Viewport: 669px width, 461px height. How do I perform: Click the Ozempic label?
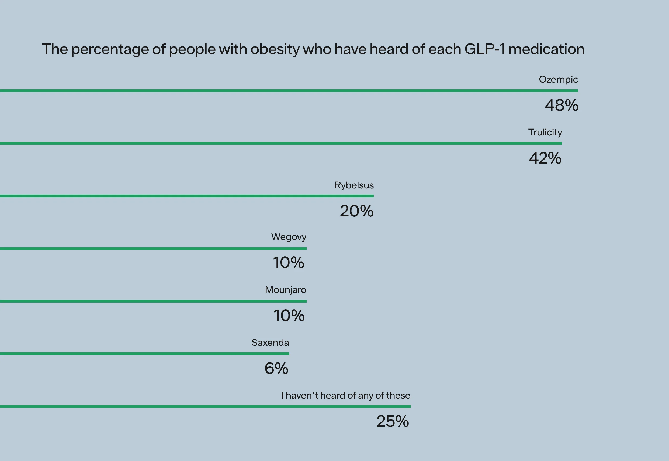pyautogui.click(x=558, y=79)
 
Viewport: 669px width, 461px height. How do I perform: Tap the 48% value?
pyautogui.click(x=561, y=105)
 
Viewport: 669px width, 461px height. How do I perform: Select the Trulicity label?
pyautogui.click(x=545, y=132)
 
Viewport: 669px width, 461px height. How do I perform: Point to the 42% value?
pyautogui.click(x=545, y=158)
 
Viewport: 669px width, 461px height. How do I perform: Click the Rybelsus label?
pyautogui.click(x=354, y=185)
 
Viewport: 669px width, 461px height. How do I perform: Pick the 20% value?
pyautogui.click(x=356, y=211)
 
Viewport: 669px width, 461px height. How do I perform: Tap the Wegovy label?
pyautogui.click(x=288, y=237)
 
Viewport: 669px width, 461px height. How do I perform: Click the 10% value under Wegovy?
pyautogui.click(x=288, y=263)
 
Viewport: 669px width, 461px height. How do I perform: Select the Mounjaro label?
pyautogui.click(x=286, y=290)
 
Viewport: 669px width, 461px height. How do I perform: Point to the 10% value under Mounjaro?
pyautogui.click(x=289, y=316)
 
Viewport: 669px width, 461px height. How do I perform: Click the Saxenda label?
pyautogui.click(x=270, y=343)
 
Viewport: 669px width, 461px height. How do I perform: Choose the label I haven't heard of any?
pyautogui.click(x=345, y=395)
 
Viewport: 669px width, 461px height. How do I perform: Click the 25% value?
pyautogui.click(x=392, y=421)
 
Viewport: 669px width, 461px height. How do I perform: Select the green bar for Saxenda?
pyautogui.click(x=144, y=354)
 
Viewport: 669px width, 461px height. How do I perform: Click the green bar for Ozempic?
pyautogui.click(x=288, y=91)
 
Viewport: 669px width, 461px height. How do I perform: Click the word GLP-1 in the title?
pyautogui.click(x=484, y=49)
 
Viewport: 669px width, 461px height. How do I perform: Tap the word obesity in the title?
pyautogui.click(x=275, y=49)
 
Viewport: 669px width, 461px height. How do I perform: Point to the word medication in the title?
pyautogui.click(x=546, y=49)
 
